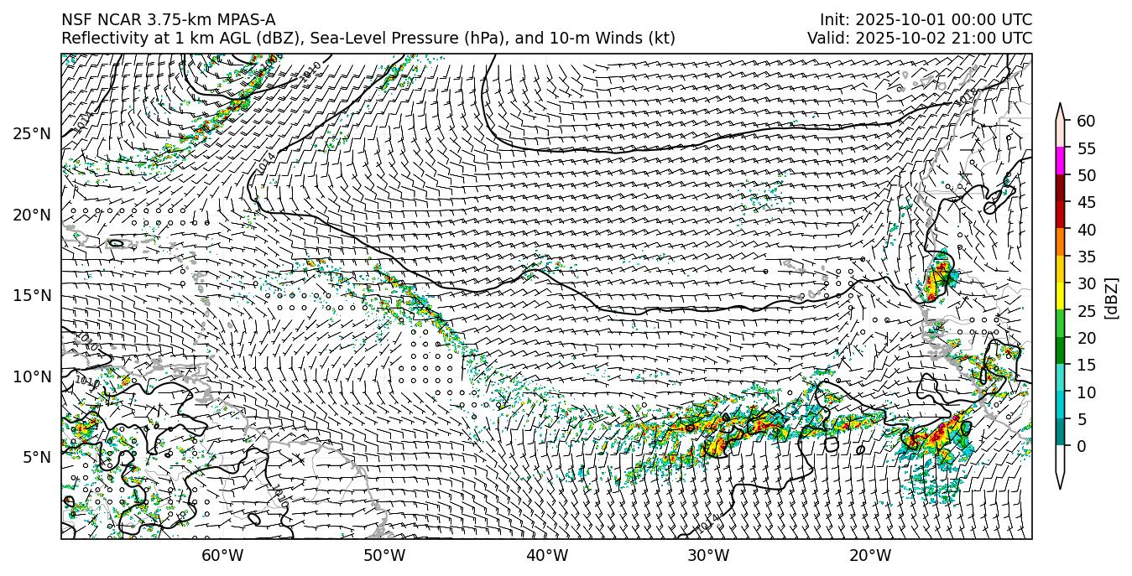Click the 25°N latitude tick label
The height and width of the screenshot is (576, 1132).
(32, 133)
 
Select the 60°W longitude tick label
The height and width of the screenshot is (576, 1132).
(222, 555)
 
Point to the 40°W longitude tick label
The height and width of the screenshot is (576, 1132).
(547, 555)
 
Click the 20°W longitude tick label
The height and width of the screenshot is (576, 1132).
(870, 555)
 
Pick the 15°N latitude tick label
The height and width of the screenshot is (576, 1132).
(32, 295)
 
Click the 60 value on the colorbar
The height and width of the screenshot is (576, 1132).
(1086, 122)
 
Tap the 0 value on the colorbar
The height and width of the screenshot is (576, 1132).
(1082, 446)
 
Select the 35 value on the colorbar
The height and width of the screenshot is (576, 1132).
(1086, 257)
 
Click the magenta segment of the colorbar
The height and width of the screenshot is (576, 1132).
(1060, 161)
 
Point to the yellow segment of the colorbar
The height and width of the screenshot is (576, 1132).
(1060, 296)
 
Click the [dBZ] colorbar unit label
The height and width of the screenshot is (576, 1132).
(1112, 298)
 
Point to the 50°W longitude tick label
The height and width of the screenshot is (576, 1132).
(384, 555)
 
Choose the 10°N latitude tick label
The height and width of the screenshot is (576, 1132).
(32, 376)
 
